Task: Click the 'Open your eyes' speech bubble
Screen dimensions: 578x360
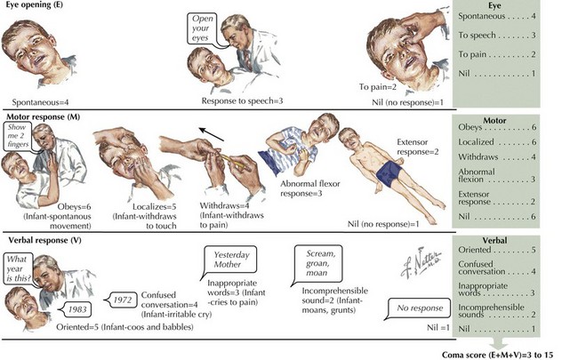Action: pyautogui.click(x=202, y=28)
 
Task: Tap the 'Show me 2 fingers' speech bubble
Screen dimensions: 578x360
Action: pyautogui.click(x=17, y=136)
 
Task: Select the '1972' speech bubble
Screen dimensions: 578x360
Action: pyautogui.click(x=121, y=300)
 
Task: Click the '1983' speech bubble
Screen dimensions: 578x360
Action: pyautogui.click(x=76, y=309)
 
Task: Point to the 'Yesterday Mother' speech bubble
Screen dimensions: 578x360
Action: pyautogui.click(x=230, y=260)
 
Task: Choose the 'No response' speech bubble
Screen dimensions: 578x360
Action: pyautogui.click(x=419, y=308)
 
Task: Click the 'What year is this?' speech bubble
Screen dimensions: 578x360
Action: pyautogui.click(x=19, y=268)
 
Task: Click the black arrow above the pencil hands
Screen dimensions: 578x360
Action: pyautogui.click(x=212, y=134)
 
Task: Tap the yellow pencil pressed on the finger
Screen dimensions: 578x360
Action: pyautogui.click(x=233, y=162)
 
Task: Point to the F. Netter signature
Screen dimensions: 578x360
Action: pyautogui.click(x=421, y=262)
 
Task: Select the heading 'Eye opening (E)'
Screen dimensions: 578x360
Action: pyautogui.click(x=35, y=4)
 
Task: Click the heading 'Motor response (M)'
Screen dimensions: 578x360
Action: pyautogui.click(x=43, y=117)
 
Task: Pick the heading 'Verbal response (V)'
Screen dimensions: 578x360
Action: pyautogui.click(x=44, y=240)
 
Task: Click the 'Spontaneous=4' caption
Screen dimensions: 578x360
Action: pyautogui.click(x=40, y=102)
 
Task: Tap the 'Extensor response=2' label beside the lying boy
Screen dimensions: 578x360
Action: pyautogui.click(x=418, y=147)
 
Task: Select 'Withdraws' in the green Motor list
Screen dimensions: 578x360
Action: pyautogui.click(x=478, y=157)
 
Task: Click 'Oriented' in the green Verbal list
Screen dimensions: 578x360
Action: pyautogui.click(x=475, y=250)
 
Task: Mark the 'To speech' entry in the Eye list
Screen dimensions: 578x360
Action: pyautogui.click(x=477, y=36)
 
